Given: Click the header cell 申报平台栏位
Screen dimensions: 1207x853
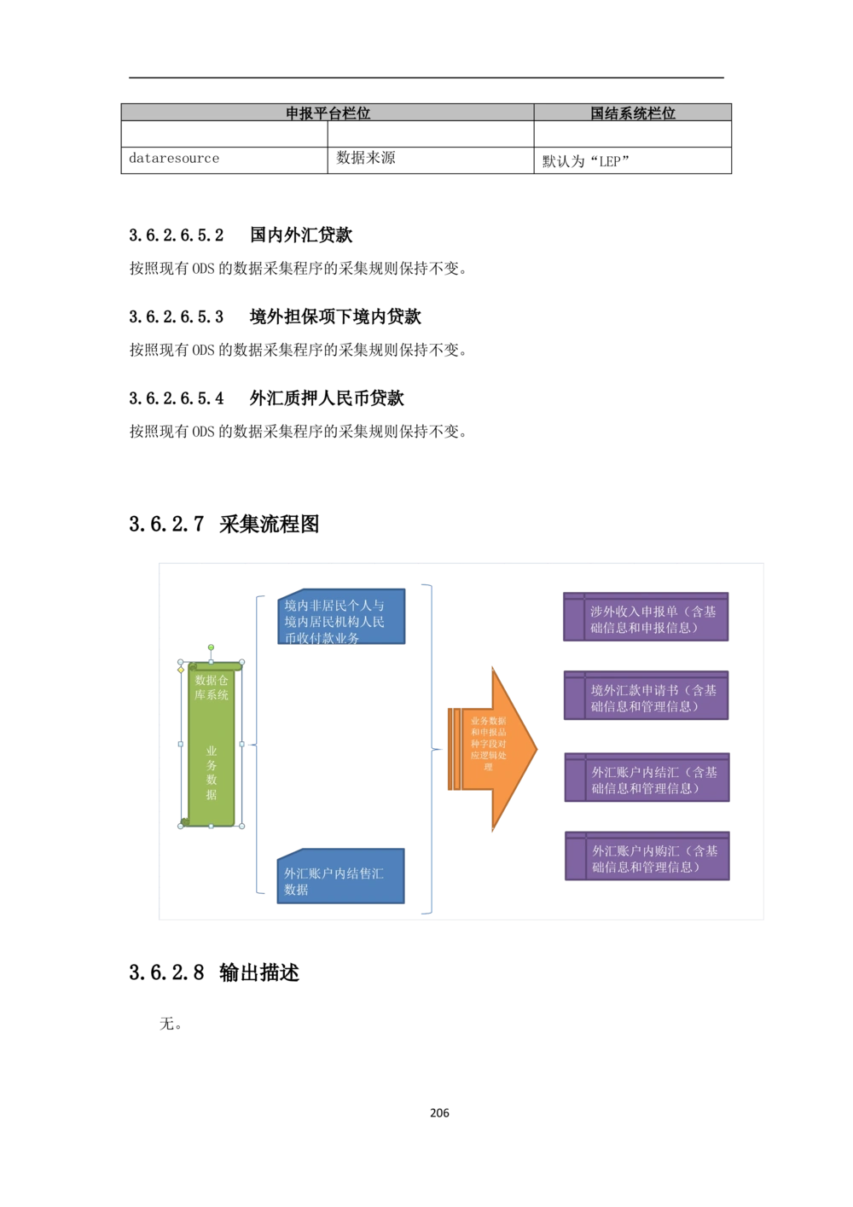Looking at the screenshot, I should (328, 113).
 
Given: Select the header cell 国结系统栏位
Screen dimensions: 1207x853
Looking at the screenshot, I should (633, 113).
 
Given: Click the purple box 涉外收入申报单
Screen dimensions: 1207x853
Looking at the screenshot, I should (646, 618).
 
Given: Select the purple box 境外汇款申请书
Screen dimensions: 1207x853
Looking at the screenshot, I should (646, 697).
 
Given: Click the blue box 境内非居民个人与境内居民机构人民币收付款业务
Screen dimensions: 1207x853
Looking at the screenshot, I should (340, 620).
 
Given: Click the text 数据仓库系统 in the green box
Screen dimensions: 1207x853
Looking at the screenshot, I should (212, 687).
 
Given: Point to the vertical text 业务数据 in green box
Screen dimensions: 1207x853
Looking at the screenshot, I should (212, 773).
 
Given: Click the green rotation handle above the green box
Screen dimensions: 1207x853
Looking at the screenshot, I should (211, 647).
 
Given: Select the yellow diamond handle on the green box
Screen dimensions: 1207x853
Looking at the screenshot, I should (181, 670).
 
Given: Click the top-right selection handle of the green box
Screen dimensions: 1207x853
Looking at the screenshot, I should (242, 662).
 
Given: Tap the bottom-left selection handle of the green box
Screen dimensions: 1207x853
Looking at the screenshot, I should (180, 826).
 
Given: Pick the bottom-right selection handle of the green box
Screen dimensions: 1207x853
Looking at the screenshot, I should (242, 826).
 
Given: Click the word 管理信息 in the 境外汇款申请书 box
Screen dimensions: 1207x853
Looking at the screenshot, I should (669, 706).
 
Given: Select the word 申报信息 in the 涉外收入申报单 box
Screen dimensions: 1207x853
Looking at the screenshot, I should (669, 628).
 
